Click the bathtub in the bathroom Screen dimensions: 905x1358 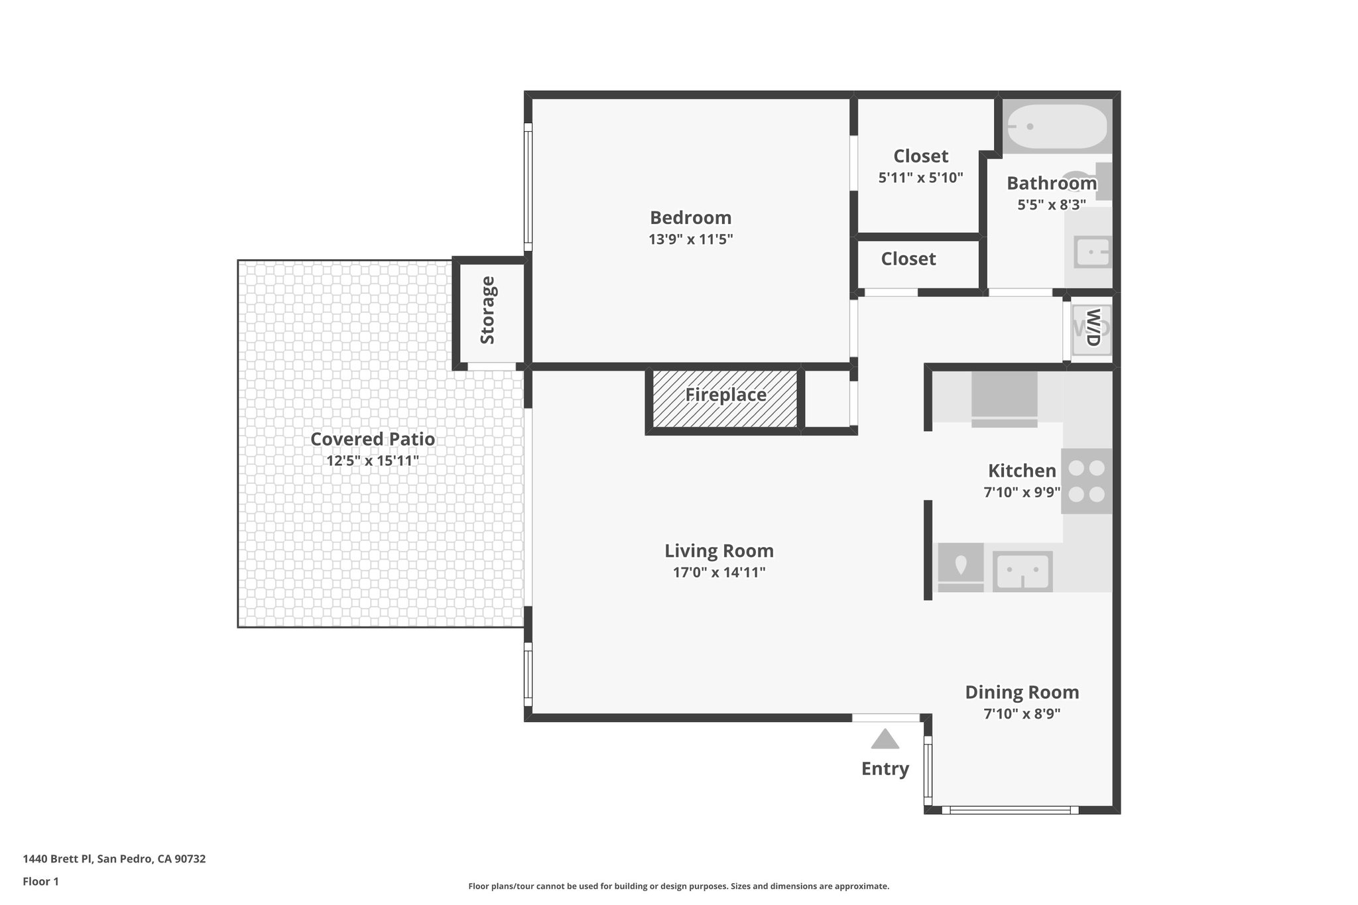click(1057, 127)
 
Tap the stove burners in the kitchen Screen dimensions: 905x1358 click(1086, 481)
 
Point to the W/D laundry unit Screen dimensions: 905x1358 click(1091, 328)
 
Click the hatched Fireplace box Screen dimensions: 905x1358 click(725, 398)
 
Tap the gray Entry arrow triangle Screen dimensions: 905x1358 click(885, 739)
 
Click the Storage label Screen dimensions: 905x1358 click(487, 310)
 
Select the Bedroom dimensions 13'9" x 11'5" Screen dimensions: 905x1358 click(690, 239)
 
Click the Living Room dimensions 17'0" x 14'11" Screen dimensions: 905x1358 click(719, 572)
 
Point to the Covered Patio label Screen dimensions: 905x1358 click(373, 439)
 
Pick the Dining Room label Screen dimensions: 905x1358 click(1021, 692)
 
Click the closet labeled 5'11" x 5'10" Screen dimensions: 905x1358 click(920, 166)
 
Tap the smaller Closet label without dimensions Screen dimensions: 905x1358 click(908, 259)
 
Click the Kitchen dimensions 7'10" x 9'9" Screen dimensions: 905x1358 click(1021, 493)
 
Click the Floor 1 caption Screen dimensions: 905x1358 click(40, 882)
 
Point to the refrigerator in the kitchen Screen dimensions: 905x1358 click(1004, 398)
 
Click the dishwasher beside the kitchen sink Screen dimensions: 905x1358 click(960, 568)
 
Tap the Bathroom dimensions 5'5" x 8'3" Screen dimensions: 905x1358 click(1051, 205)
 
